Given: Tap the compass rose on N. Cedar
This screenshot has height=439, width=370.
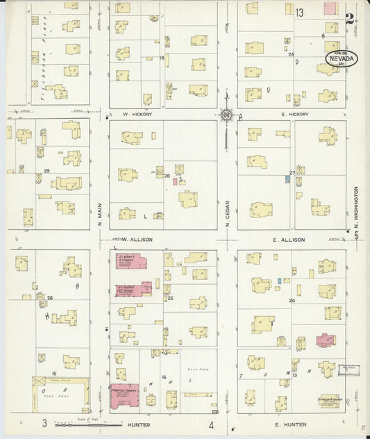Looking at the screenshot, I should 226,115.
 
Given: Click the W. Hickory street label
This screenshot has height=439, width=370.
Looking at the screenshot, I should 136,114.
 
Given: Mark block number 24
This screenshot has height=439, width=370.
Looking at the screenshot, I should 292,301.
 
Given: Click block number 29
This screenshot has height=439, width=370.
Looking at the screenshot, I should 47,170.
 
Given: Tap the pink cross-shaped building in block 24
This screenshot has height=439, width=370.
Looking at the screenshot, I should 325,340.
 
